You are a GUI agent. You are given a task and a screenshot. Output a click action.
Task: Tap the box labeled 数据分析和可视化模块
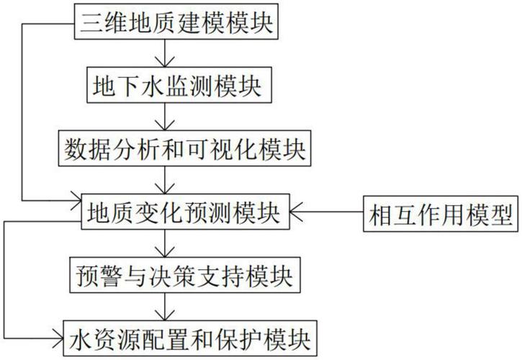[x=185, y=149]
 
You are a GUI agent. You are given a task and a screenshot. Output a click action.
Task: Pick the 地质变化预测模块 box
[x=185, y=212]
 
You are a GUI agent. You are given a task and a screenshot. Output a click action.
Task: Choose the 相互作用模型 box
[x=441, y=212]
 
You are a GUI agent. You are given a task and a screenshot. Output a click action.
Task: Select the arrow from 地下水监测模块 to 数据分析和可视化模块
[x=166, y=117]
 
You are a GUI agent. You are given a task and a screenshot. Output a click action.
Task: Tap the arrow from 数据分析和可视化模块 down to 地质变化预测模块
[x=166, y=180]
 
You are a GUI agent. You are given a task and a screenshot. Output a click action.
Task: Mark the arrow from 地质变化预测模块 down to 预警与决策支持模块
[x=166, y=243]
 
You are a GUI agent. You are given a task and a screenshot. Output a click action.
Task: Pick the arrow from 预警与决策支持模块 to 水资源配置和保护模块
[x=166, y=305]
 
